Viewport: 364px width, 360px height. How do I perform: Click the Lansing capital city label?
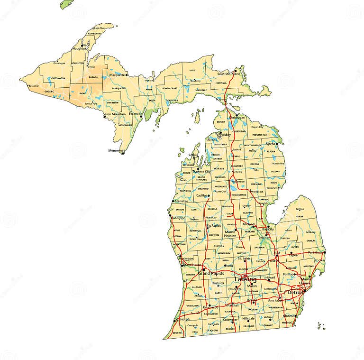tap(246, 280)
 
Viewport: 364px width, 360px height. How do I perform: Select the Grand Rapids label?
tap(211, 274)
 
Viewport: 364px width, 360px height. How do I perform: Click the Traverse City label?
tap(201, 172)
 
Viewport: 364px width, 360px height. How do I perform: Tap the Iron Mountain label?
tap(115, 114)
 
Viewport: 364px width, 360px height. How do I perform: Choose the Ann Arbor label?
tap(275, 300)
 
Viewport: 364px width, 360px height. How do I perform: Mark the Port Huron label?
tap(315, 252)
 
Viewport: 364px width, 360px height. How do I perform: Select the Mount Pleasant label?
tap(230, 234)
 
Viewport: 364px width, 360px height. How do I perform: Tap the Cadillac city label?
tap(202, 195)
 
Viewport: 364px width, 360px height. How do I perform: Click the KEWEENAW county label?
tap(95, 34)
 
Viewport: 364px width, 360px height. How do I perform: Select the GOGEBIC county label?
tap(49, 91)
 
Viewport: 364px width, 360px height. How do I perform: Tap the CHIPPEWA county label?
tap(221, 83)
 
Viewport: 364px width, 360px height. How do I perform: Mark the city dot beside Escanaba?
tap(142, 113)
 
